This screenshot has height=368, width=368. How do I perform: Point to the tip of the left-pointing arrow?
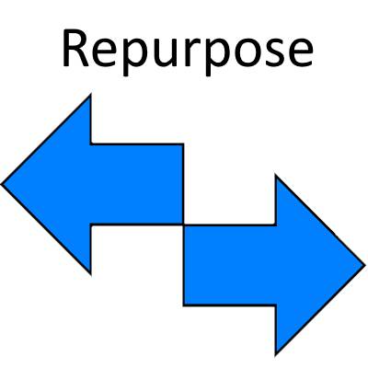(x=3, y=184)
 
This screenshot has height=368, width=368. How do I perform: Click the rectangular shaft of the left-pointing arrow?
(x=138, y=184)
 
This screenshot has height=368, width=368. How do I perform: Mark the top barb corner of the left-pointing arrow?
(x=91, y=95)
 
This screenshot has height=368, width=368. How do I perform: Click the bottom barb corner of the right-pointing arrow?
(x=276, y=353)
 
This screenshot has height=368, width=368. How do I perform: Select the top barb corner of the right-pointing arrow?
(x=276, y=175)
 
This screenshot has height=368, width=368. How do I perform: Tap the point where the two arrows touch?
(x=184, y=224)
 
